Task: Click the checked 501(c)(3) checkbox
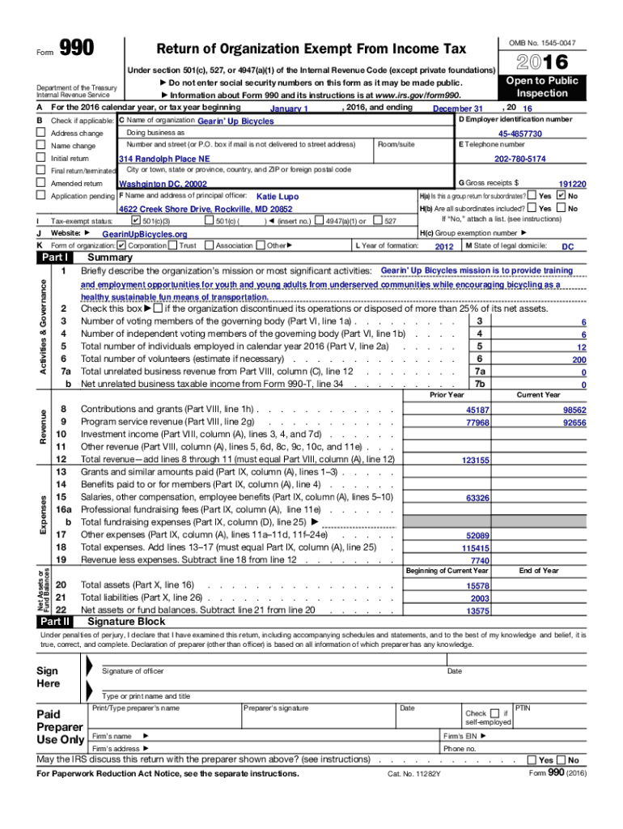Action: coord(135,220)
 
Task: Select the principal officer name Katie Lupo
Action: coord(278,197)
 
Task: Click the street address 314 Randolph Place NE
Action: coord(164,159)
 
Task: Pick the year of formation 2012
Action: coord(444,246)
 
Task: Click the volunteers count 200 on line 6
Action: coord(578,359)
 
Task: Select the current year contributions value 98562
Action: coord(574,410)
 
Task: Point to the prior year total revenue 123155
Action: coord(475,460)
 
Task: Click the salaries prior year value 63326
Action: coord(477,498)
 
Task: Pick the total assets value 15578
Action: coord(477,585)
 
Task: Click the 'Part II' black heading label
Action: coord(55,622)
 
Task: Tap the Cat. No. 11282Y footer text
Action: coord(414,774)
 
